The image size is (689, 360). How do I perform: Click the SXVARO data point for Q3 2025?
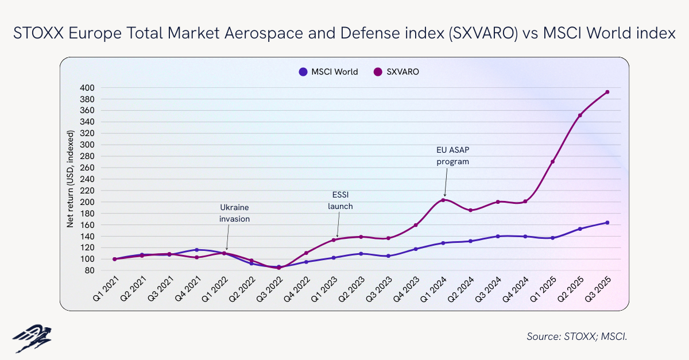pyautogui.click(x=607, y=92)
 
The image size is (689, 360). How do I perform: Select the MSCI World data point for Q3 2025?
pyautogui.click(x=607, y=223)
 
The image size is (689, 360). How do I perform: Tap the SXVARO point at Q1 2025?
pyautogui.click(x=552, y=162)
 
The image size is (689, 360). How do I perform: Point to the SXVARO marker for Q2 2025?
pyautogui.click(x=580, y=115)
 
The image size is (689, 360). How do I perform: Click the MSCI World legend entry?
pyautogui.click(x=328, y=72)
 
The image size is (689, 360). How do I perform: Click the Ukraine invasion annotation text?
pyautogui.click(x=235, y=213)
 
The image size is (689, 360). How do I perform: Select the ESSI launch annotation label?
pyautogui.click(x=340, y=202)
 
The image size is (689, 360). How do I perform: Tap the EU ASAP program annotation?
pyautogui.click(x=452, y=156)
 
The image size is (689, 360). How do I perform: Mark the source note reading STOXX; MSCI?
pyautogui.click(x=576, y=336)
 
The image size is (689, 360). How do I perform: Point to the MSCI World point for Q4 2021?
pyautogui.click(x=196, y=250)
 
